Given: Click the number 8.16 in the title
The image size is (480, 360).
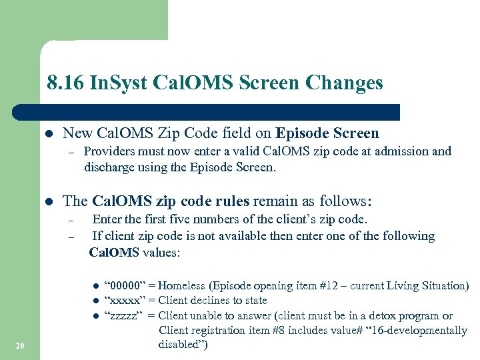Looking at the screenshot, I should coord(66,83).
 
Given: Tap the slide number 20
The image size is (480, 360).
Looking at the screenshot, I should coord(19,345).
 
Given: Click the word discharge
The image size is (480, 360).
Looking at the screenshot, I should coord(109,167).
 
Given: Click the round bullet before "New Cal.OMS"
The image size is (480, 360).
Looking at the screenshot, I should coord(48,134).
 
